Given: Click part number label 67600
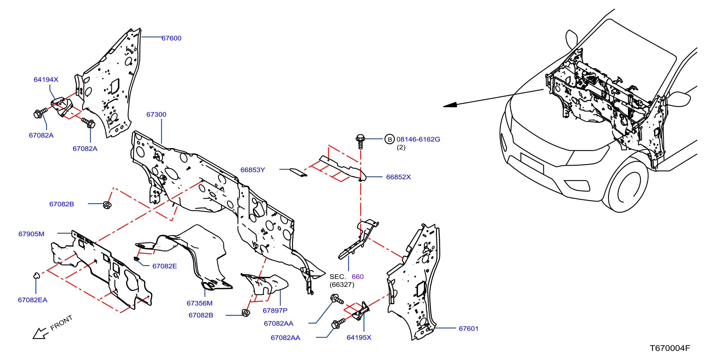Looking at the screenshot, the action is coord(171,38).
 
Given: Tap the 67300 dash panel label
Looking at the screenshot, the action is coord(156,114).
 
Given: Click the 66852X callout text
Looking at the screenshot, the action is coord(398,177).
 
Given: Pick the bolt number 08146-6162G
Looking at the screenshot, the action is coord(418,139).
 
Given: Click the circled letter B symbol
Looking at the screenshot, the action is coord(390,139).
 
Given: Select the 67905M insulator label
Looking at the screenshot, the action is coord(31,234).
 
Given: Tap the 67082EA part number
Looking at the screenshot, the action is coord(33,300).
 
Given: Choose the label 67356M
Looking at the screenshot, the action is coord(200,303).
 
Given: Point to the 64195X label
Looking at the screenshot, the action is coord(359,337).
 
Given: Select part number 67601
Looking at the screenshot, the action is coord(468,328).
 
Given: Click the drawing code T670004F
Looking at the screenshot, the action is coord(670,348).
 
